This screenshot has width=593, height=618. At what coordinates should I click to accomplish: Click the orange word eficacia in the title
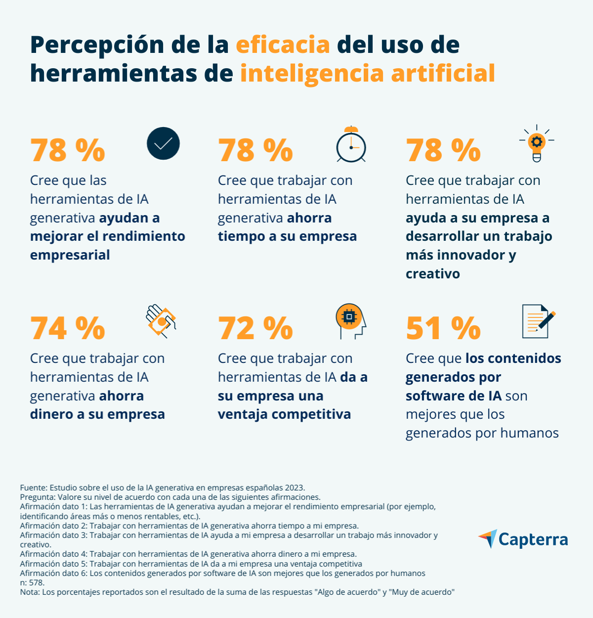(283, 45)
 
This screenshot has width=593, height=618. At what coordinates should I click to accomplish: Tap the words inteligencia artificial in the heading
(368, 74)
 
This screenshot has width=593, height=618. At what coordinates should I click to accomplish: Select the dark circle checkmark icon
(163, 143)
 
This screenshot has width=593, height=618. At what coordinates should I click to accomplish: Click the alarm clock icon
(351, 144)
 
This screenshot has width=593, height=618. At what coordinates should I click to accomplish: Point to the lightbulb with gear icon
(537, 143)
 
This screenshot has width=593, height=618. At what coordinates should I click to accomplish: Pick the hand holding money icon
(161, 321)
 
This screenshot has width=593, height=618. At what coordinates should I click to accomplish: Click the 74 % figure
(68, 328)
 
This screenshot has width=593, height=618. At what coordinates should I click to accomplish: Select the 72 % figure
(255, 328)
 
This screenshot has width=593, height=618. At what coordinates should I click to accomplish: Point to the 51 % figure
(443, 328)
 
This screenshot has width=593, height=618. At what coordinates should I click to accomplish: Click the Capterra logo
(523, 539)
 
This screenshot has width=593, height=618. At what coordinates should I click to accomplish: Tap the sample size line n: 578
(32, 583)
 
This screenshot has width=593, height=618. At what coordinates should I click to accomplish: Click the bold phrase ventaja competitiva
(284, 414)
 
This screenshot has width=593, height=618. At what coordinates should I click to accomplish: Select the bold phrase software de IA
(453, 396)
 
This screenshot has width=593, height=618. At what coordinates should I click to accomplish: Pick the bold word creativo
(432, 274)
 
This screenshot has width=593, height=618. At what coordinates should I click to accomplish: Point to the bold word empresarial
(70, 255)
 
